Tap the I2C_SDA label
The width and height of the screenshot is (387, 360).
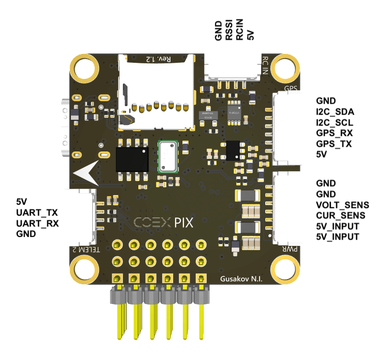tap(334, 112)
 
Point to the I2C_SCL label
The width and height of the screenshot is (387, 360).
tap(334, 122)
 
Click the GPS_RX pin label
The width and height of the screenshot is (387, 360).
tap(334, 133)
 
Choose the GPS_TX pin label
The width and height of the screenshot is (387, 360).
tap(334, 144)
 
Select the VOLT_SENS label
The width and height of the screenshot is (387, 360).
tap(340, 205)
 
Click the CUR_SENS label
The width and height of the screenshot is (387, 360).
tap(340, 215)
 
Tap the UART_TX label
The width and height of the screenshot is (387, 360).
tap(37, 213)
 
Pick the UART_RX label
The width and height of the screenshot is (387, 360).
tap(38, 224)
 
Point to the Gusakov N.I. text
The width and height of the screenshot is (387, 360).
tap(241, 280)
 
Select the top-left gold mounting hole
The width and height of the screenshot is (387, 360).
tap(86, 68)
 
